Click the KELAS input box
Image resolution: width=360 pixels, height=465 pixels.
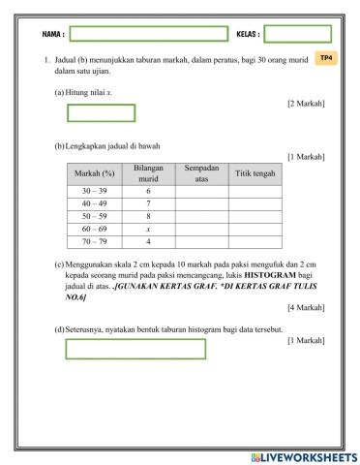(297, 34)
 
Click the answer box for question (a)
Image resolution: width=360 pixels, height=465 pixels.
(101, 112)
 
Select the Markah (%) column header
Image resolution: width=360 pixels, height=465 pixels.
(94, 174)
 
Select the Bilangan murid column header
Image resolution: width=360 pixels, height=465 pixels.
(147, 174)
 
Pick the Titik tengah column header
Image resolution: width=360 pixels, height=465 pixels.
(255, 174)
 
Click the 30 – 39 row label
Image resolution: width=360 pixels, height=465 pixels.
(94, 192)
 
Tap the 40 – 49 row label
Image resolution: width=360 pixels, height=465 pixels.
(94, 204)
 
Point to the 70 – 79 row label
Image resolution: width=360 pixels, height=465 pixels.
(94, 241)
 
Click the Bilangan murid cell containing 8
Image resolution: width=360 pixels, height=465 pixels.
(147, 217)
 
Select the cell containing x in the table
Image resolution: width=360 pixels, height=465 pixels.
(147, 230)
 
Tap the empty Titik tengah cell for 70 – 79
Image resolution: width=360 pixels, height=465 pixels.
(255, 241)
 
